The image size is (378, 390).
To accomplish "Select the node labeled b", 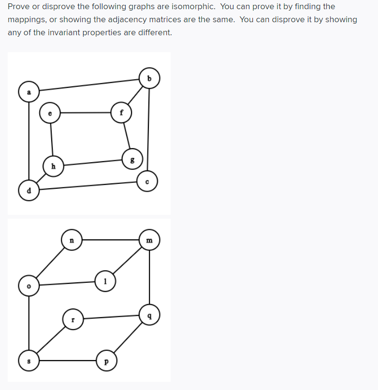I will (149, 78).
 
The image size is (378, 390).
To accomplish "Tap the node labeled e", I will (50, 113).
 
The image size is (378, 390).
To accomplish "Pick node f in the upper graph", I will (121, 112).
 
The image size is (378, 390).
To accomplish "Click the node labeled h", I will (53, 167).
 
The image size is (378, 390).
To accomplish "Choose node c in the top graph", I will (147, 181).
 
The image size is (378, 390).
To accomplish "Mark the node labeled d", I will (29, 190).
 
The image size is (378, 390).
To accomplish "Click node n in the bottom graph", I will (72, 240).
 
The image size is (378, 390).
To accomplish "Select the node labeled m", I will (149, 240).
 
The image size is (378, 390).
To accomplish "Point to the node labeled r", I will (73, 320).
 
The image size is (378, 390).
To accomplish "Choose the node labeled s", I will (29, 361).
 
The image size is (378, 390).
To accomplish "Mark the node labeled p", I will (106, 361).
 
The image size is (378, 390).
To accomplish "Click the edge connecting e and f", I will (86, 113).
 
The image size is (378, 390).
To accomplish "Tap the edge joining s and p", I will (68, 361).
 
